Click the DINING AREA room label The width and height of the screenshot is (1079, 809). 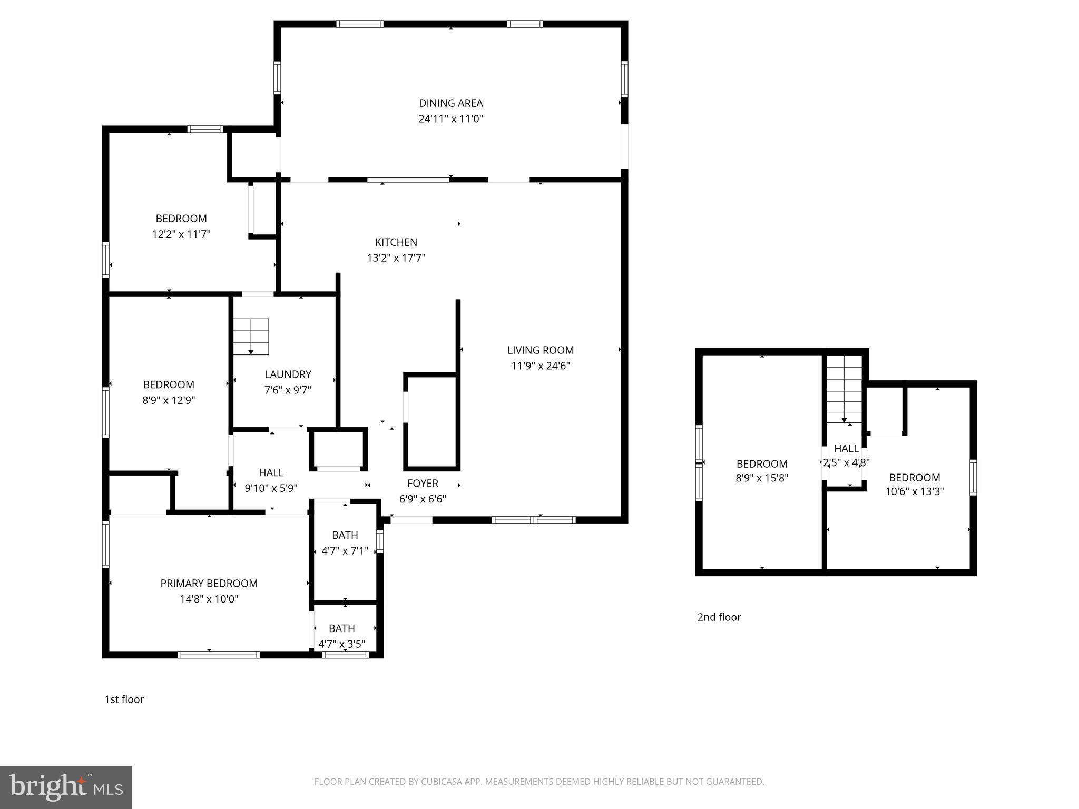tap(450, 103)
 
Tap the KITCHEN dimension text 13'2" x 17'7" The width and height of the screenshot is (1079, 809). tap(396, 258)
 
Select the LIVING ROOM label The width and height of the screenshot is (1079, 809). tap(541, 350)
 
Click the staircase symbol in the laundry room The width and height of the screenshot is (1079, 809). tap(251, 337)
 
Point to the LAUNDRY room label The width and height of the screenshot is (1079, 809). tap(288, 374)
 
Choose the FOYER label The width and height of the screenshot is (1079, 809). tap(423, 484)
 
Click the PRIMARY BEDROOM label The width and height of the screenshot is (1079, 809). tap(209, 583)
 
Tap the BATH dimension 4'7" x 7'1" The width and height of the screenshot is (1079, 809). tap(345, 551)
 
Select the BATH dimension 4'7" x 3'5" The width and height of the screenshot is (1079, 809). tap(342, 644)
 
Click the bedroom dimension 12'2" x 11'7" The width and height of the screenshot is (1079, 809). tap(181, 234)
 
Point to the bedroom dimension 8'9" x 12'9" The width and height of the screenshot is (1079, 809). tap(169, 400)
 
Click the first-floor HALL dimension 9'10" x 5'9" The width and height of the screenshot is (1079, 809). tap(271, 488)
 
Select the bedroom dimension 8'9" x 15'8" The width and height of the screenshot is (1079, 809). tap(762, 478)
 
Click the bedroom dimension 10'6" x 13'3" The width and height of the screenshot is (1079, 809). tap(915, 491)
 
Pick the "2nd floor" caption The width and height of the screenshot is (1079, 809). tap(719, 617)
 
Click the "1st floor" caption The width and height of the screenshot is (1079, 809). tap(124, 699)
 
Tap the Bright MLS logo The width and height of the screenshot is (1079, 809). tap(66, 787)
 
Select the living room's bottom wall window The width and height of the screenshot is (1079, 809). tap(534, 520)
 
